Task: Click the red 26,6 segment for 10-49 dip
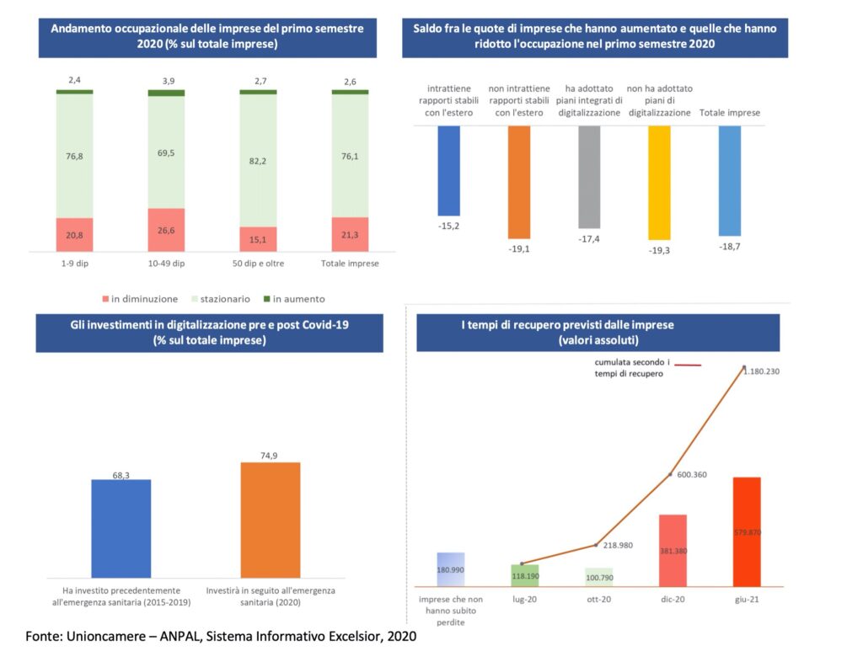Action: pyautogui.click(x=166, y=230)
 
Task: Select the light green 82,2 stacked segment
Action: pyautogui.click(x=258, y=160)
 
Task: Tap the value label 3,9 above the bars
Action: pyautogui.click(x=166, y=80)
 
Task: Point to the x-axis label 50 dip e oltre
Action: pyautogui.click(x=258, y=263)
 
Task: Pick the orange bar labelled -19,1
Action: pyautogui.click(x=519, y=182)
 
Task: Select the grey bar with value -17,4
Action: pyautogui.click(x=589, y=177)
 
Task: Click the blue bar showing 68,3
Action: pyautogui.click(x=121, y=528)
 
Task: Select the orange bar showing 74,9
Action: pyautogui.click(x=270, y=520)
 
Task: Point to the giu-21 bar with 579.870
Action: pyautogui.click(x=747, y=531)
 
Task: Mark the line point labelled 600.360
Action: pyautogui.click(x=671, y=475)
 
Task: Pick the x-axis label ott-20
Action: pyautogui.click(x=598, y=601)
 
